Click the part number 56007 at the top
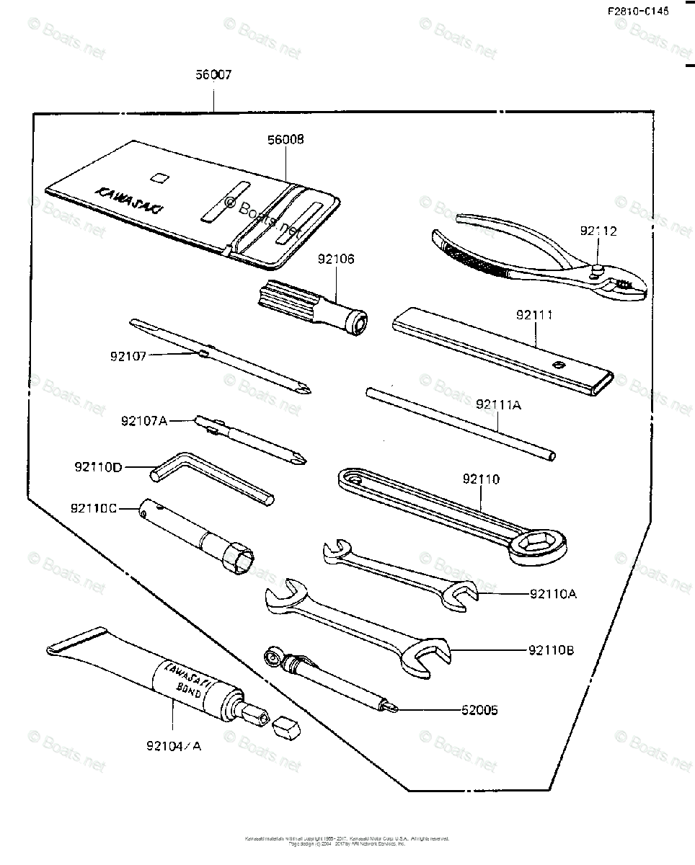(x=213, y=74)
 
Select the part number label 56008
(x=285, y=140)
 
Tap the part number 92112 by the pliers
(x=598, y=231)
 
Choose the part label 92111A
(x=497, y=405)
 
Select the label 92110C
(x=94, y=508)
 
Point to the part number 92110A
(x=553, y=595)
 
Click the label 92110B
(x=550, y=650)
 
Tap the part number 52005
(x=479, y=710)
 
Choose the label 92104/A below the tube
(x=173, y=746)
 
